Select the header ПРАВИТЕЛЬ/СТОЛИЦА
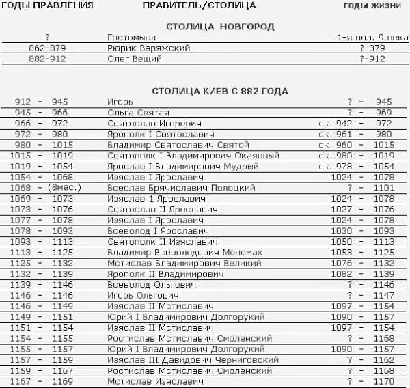200,5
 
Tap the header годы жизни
375,5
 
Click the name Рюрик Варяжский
148,48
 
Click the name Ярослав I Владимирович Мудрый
176,167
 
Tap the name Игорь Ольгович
143,295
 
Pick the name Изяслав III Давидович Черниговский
193,359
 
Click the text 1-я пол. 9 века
372,38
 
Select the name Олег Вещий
135,59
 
